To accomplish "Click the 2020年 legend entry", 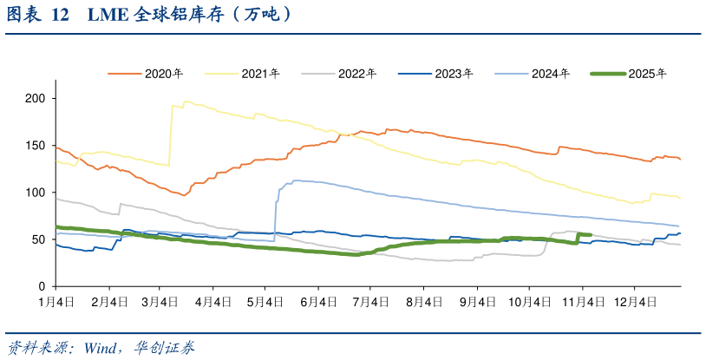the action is coord(146,74).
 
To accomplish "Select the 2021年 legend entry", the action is coord(242,74).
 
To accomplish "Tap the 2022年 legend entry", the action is coord(339,74).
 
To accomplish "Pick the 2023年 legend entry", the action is coord(435,74).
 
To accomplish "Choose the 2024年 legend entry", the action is coord(533,74).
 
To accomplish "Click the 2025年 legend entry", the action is coord(629,74).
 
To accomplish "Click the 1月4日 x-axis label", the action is coord(56,301).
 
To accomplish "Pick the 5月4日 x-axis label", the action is coord(266,301).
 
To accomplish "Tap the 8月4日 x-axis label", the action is coord(424,301).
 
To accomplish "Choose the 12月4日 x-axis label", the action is coord(634,301).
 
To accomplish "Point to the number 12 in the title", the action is coord(61,16).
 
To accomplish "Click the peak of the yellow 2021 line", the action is coord(185,101).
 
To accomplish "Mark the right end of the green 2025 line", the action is coord(590,234).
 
